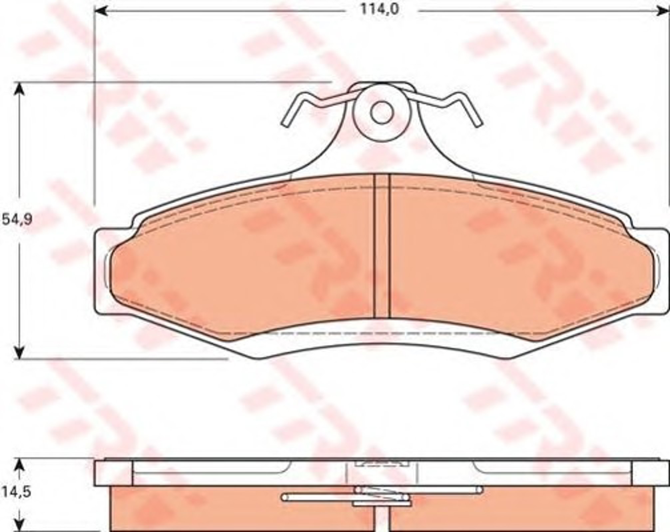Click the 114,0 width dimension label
coord(379,10)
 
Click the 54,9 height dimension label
coord(17,220)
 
